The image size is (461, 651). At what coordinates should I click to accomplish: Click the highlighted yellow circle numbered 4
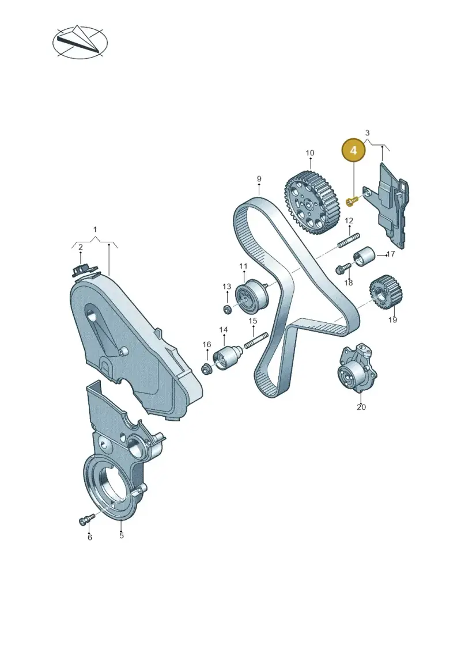(353, 150)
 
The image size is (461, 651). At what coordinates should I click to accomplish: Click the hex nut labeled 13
(228, 309)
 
